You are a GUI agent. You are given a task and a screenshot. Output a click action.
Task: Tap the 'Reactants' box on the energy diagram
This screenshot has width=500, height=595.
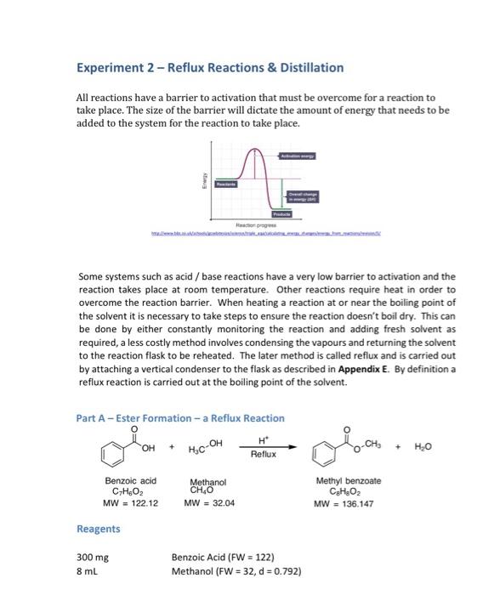tap(225, 183)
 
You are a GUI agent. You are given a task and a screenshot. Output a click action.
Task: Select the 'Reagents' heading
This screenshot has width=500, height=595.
tap(99, 529)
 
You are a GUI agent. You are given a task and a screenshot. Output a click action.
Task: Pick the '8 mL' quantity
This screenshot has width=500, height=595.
tap(88, 571)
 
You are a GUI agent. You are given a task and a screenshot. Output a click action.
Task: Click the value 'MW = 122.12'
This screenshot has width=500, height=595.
tap(129, 501)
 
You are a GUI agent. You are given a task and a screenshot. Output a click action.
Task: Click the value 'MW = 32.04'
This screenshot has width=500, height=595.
tap(208, 502)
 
